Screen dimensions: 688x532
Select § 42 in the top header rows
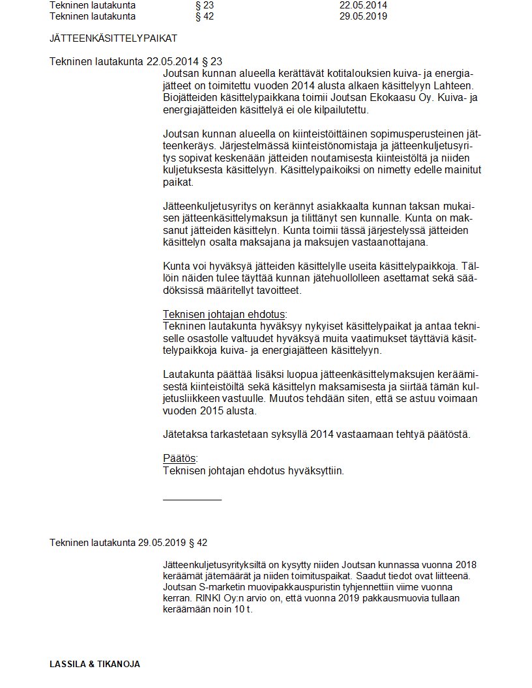coord(204,16)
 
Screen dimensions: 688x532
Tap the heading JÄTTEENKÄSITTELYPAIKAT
coord(113,38)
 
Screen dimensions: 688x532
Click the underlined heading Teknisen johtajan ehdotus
coord(224,314)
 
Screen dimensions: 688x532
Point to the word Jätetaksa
coord(185,435)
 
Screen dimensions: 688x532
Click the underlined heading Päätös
coord(179,458)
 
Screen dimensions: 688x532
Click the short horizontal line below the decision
coord(192,500)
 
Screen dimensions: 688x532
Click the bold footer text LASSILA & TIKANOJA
coord(95,665)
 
